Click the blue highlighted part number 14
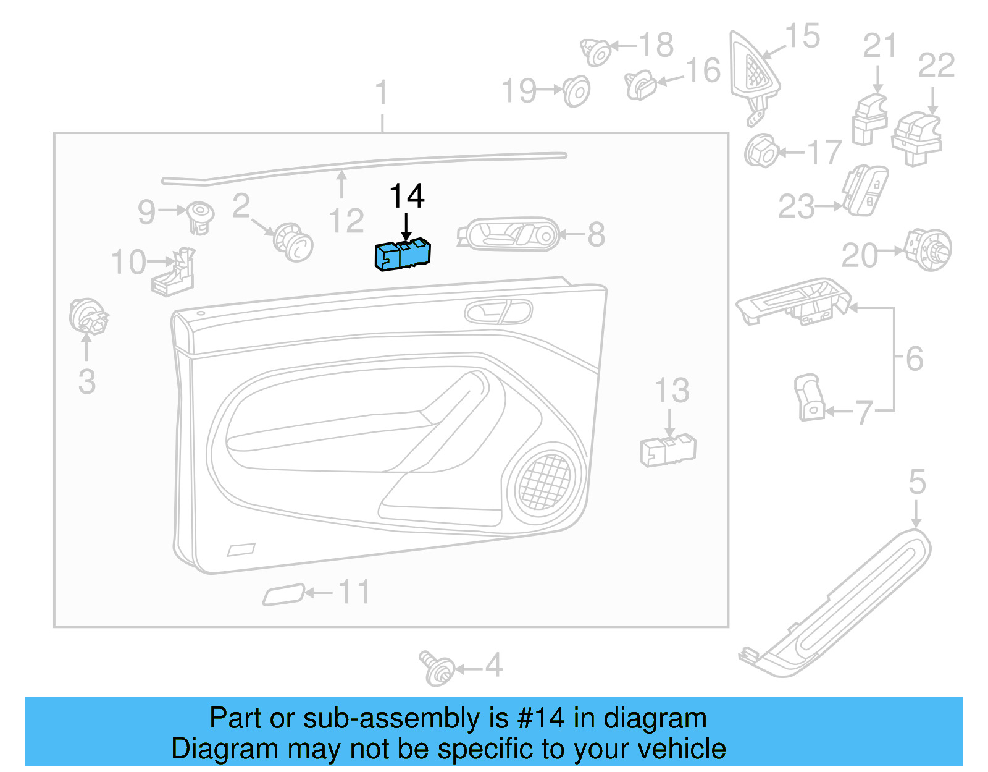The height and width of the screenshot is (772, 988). tap(402, 255)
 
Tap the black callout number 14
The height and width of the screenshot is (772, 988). tap(406, 197)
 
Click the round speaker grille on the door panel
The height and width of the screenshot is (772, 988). tap(545, 481)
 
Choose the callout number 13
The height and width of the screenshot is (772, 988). tap(672, 391)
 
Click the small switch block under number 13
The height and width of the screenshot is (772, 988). tap(668, 450)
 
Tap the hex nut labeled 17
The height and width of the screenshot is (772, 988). tap(761, 151)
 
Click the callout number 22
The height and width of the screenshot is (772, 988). tap(936, 66)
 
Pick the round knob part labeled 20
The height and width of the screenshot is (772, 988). tap(929, 250)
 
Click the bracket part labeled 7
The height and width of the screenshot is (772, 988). tap(810, 397)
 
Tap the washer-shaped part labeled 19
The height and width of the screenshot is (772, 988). tap(577, 91)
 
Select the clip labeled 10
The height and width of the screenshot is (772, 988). tap(174, 274)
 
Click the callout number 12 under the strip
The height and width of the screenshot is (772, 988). tap(346, 221)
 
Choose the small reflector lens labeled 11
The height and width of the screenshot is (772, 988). tap(283, 595)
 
